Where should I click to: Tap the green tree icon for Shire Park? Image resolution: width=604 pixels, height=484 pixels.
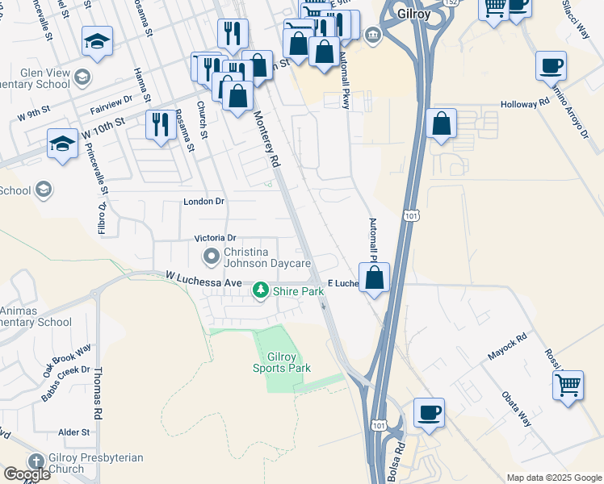(261, 290)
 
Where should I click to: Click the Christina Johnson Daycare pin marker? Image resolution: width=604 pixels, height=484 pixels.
(212, 257)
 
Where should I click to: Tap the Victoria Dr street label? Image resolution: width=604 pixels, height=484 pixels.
(215, 239)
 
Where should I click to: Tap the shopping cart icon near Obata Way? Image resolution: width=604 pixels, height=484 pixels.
(568, 384)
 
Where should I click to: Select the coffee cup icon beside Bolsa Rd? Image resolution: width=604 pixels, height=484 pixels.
(429, 412)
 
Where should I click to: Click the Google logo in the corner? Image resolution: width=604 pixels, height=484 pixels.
(26, 474)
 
